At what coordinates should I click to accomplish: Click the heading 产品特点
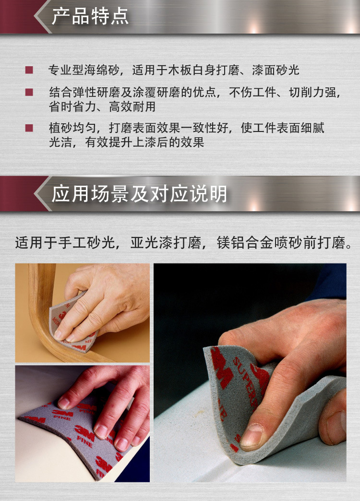tap(90, 17)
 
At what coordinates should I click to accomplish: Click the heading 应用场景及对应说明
tap(139, 193)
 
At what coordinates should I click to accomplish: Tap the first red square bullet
tap(29, 70)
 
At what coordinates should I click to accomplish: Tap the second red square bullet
tap(29, 92)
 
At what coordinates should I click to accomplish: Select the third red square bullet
tap(29, 128)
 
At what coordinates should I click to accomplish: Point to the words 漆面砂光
tap(276, 70)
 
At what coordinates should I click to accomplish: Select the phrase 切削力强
tap(312, 92)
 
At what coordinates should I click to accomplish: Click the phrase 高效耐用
tap(132, 107)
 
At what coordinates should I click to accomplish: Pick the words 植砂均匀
tap(72, 128)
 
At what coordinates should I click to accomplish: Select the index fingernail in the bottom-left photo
tap(64, 403)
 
